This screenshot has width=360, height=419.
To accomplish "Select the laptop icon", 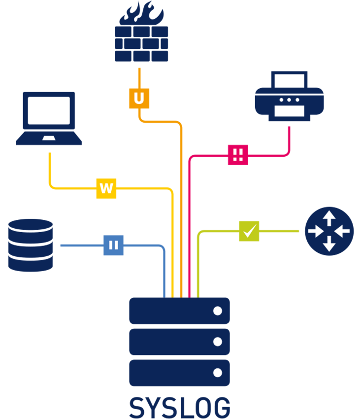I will coord(49,118).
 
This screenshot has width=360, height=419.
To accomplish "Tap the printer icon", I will coord(289,96).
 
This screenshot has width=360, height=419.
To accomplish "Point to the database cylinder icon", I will coord(31,245).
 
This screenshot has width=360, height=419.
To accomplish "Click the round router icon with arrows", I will coord(329,231).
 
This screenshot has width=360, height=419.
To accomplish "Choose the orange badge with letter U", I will coord(139,98).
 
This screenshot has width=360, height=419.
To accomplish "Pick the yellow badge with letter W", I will coord(106,188).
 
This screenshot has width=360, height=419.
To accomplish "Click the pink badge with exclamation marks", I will coord(238,155).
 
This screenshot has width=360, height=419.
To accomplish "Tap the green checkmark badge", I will coord(249,231).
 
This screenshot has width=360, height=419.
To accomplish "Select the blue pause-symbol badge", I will coord(114,245).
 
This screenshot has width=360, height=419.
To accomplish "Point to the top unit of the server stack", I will coord(180,311).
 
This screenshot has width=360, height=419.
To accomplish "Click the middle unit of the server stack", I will coord(180,342).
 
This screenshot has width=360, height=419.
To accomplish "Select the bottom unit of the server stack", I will coord(180,373).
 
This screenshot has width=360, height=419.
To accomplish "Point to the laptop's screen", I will coord(49,110).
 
